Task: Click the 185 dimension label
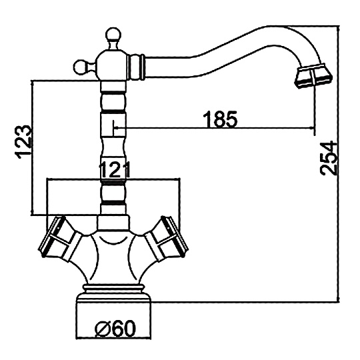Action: tap(220, 119)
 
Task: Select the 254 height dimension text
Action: tap(329, 159)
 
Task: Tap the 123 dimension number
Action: tap(22, 142)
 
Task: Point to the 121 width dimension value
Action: tap(114, 170)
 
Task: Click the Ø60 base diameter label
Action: tap(115, 328)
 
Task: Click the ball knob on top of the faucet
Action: tap(113, 35)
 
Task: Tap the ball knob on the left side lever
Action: tap(81, 67)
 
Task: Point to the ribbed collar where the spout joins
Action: tap(137, 67)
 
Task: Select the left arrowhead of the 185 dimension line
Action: tap(115, 127)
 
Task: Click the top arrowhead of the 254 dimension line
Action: tap(338, 28)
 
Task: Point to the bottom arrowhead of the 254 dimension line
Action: tap(338, 299)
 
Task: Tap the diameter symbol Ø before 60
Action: tap(102, 329)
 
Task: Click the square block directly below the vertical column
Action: tap(113, 223)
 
